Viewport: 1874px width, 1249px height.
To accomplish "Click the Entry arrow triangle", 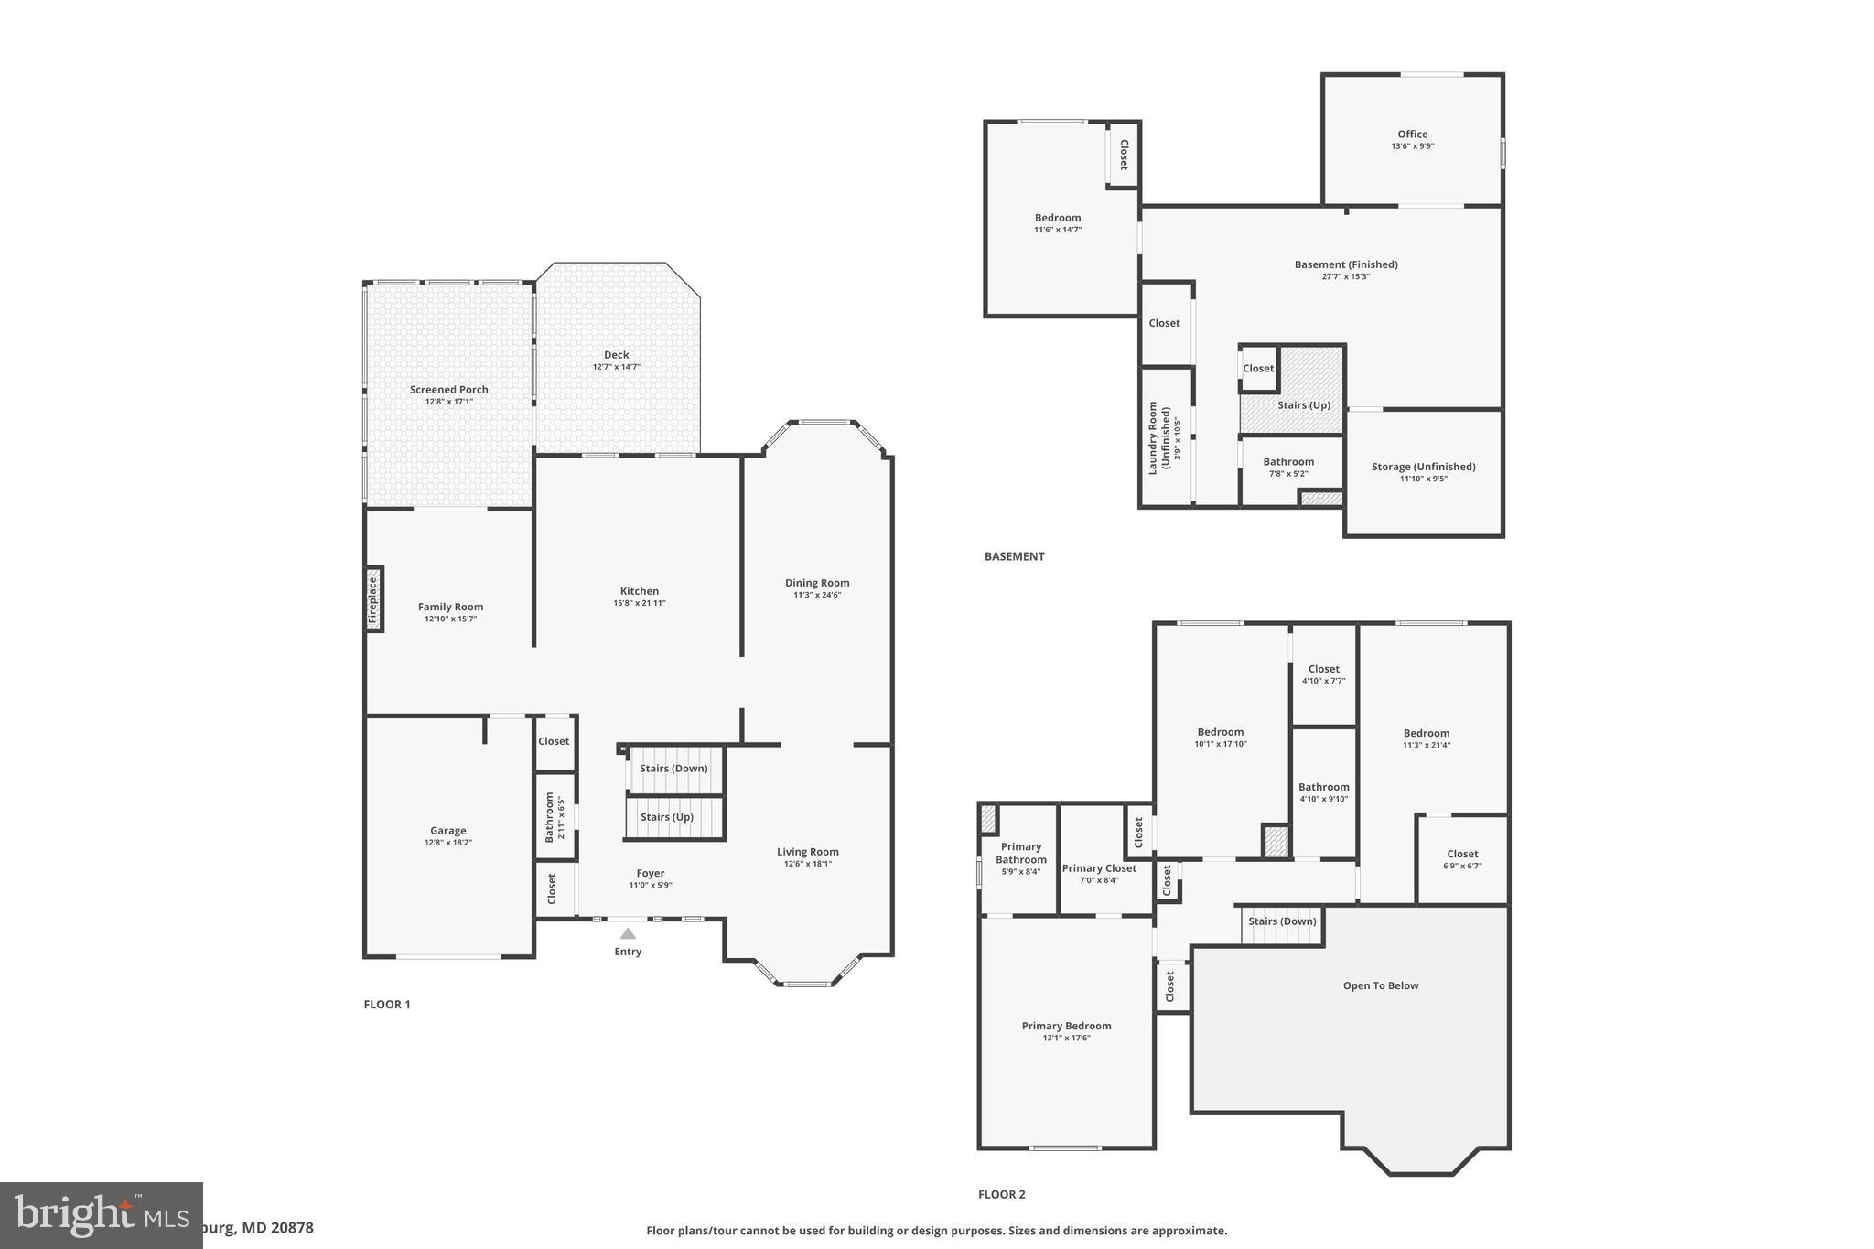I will tap(628, 933).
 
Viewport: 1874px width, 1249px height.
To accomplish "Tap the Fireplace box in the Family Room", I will tap(373, 599).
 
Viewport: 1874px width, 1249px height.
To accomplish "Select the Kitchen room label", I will tap(639, 591).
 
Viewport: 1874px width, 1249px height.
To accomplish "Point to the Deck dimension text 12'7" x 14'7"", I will tap(616, 367).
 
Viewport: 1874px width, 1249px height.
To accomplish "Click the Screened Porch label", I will tap(448, 390).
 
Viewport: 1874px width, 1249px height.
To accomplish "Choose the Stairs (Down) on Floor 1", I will tap(673, 769).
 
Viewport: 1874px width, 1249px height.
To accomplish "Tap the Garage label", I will tap(447, 831).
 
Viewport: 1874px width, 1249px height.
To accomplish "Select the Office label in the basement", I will tap(1412, 135).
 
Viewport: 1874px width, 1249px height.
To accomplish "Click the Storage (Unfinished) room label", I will tap(1423, 467).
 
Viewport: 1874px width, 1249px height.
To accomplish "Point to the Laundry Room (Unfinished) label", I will tap(1159, 438).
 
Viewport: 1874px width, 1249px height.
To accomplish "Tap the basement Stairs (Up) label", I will tap(1303, 405).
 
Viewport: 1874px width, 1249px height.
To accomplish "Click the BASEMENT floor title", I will tap(1014, 556).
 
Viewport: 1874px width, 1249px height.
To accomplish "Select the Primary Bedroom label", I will tap(1066, 1027).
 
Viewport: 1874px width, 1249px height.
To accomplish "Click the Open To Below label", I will tap(1380, 986).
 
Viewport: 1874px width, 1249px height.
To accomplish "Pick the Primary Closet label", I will tap(1099, 868).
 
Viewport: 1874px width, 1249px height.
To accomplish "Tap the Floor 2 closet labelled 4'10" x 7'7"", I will tap(1323, 674).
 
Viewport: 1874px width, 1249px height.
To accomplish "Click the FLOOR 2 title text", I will tap(1001, 1194).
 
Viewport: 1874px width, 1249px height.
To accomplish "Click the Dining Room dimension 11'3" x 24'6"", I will tap(817, 595).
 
